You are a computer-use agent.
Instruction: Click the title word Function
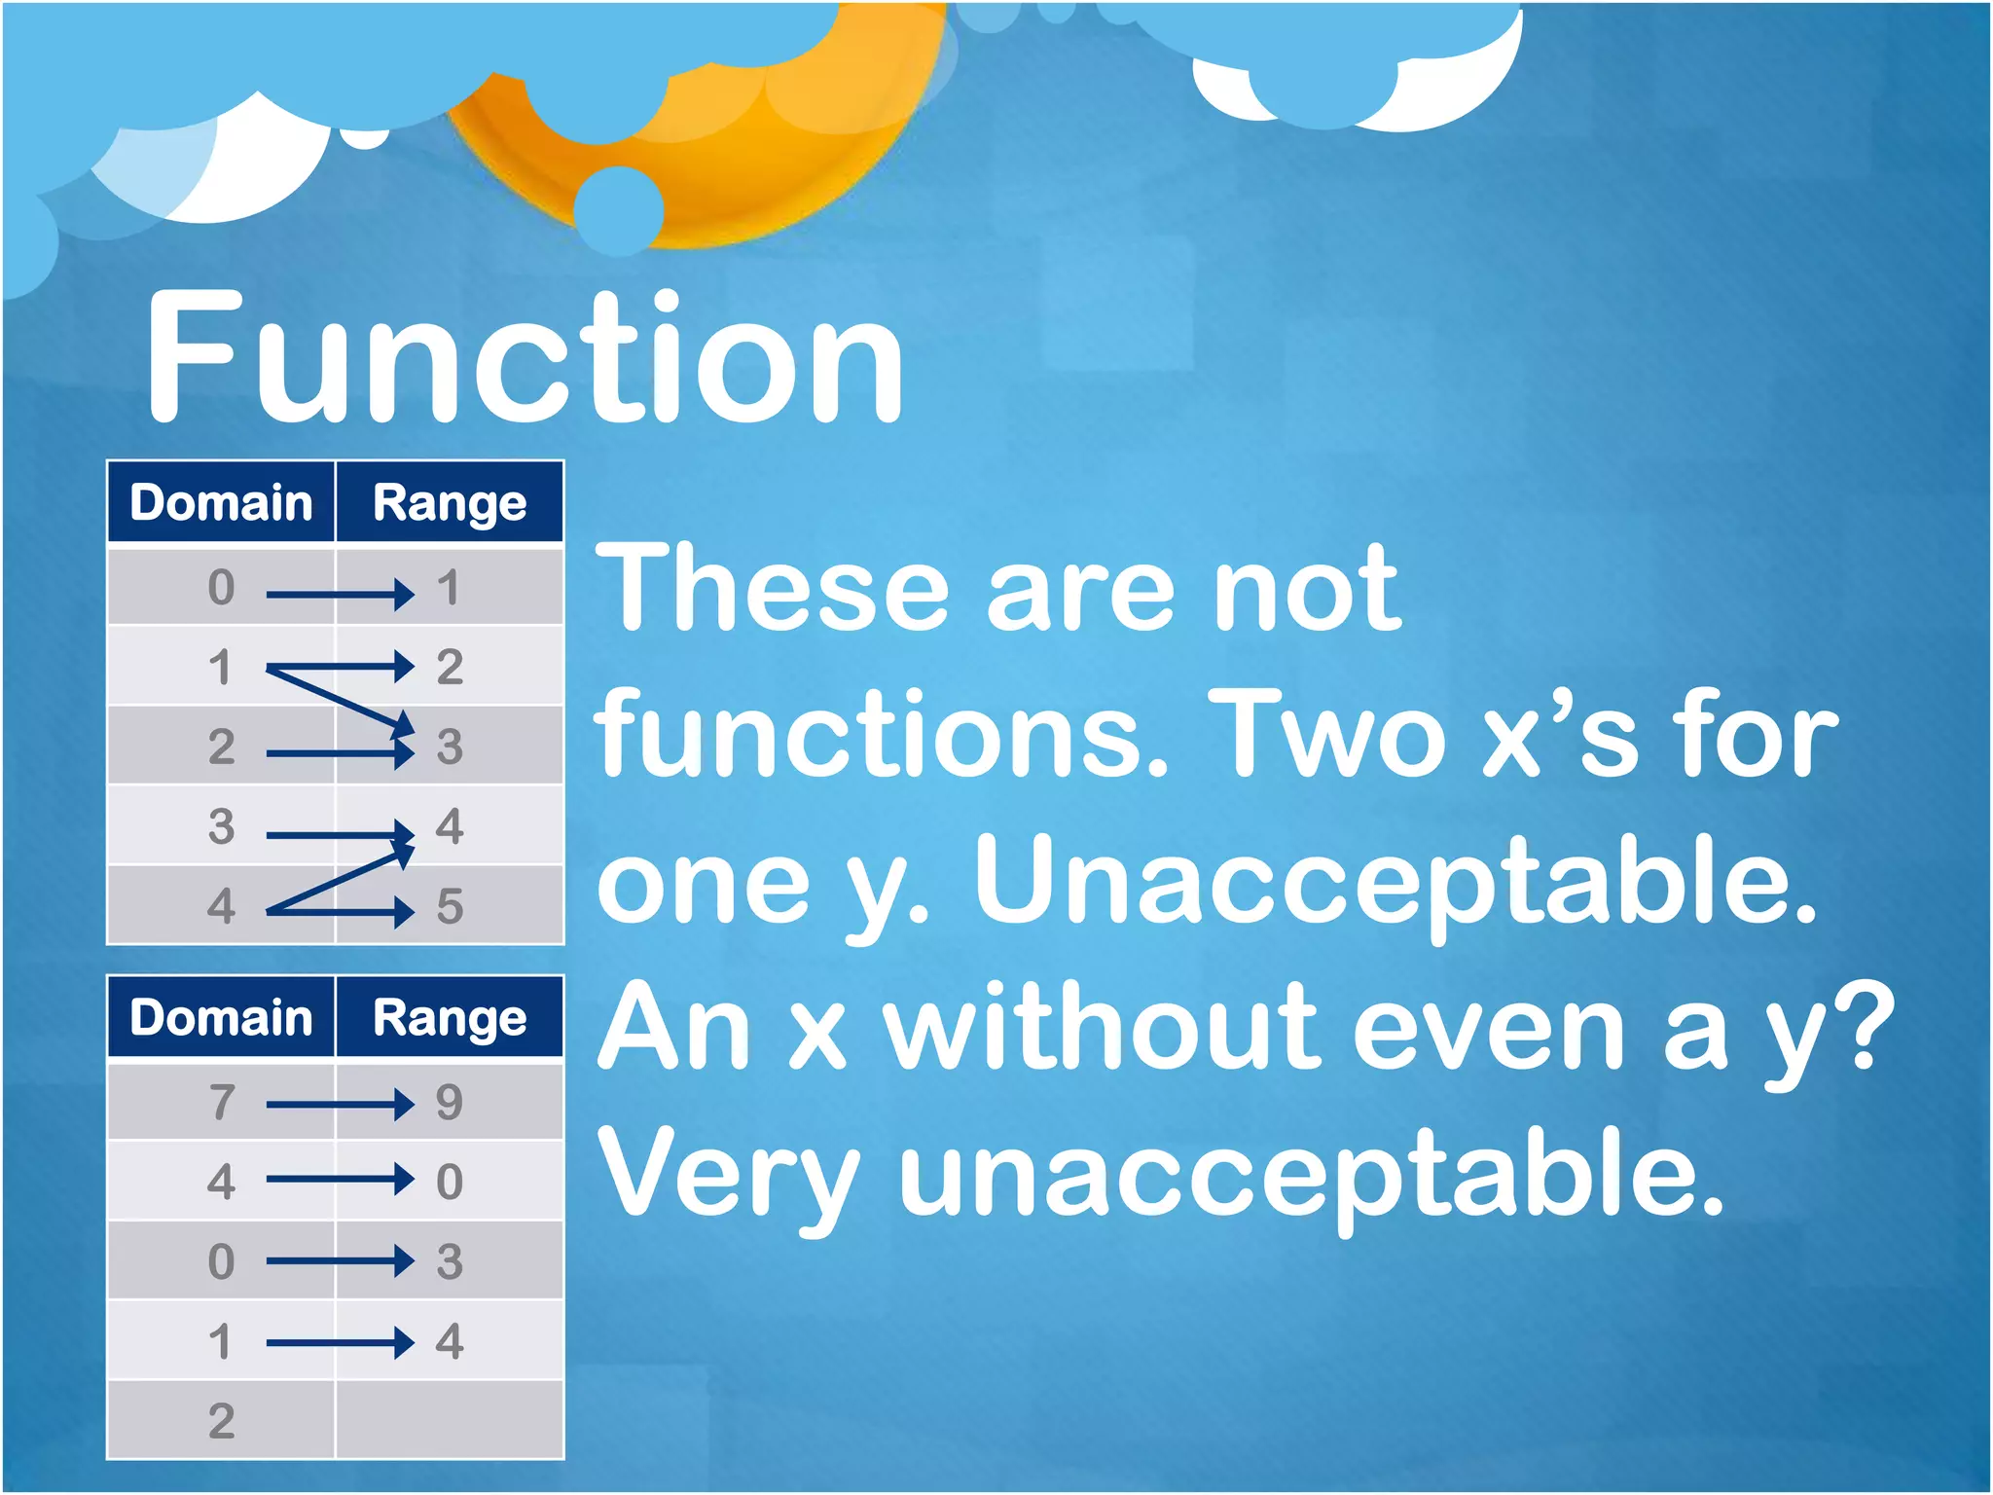point(525,358)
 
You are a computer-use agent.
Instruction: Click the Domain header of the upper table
point(221,503)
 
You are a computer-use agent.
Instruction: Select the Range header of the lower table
point(450,1018)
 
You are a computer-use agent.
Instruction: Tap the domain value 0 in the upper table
point(221,588)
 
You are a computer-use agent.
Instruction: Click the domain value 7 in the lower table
point(221,1103)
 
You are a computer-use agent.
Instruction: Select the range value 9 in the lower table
point(450,1103)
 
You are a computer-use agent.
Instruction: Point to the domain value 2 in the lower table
point(221,1421)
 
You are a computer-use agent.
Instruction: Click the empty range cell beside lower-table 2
point(450,1421)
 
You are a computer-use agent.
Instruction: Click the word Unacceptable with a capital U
point(1395,880)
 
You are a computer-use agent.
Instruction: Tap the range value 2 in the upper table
point(450,668)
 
